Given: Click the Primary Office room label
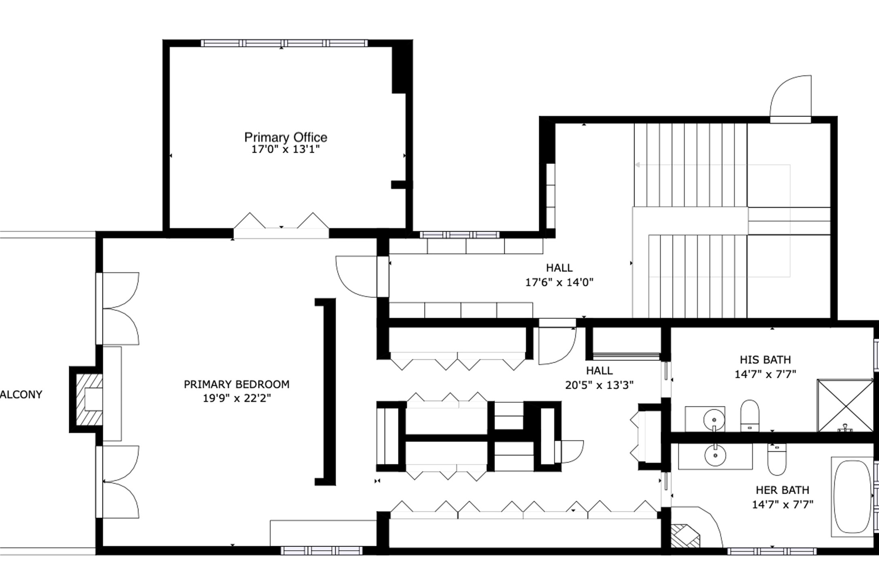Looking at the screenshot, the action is [286, 137].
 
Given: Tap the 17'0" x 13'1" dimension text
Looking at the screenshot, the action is [286, 149].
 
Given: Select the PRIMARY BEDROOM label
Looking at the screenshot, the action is [237, 384].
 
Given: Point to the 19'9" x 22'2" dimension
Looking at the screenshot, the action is [237, 398].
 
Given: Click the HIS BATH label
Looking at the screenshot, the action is [765, 360].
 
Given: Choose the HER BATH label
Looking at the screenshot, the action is [782, 490].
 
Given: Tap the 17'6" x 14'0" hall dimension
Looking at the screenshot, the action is [559, 282].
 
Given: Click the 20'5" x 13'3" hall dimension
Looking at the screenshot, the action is [599, 385].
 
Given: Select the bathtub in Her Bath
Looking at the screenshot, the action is [852, 497].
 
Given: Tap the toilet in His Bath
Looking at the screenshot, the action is [750, 416].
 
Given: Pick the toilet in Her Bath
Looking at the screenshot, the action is [777, 459].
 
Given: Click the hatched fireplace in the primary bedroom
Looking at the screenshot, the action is [89, 399].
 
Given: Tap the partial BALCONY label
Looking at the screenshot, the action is [21, 395].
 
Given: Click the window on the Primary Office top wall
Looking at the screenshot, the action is [284, 43].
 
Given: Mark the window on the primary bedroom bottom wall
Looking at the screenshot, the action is [322, 550].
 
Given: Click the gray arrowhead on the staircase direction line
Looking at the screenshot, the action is [638, 165].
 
